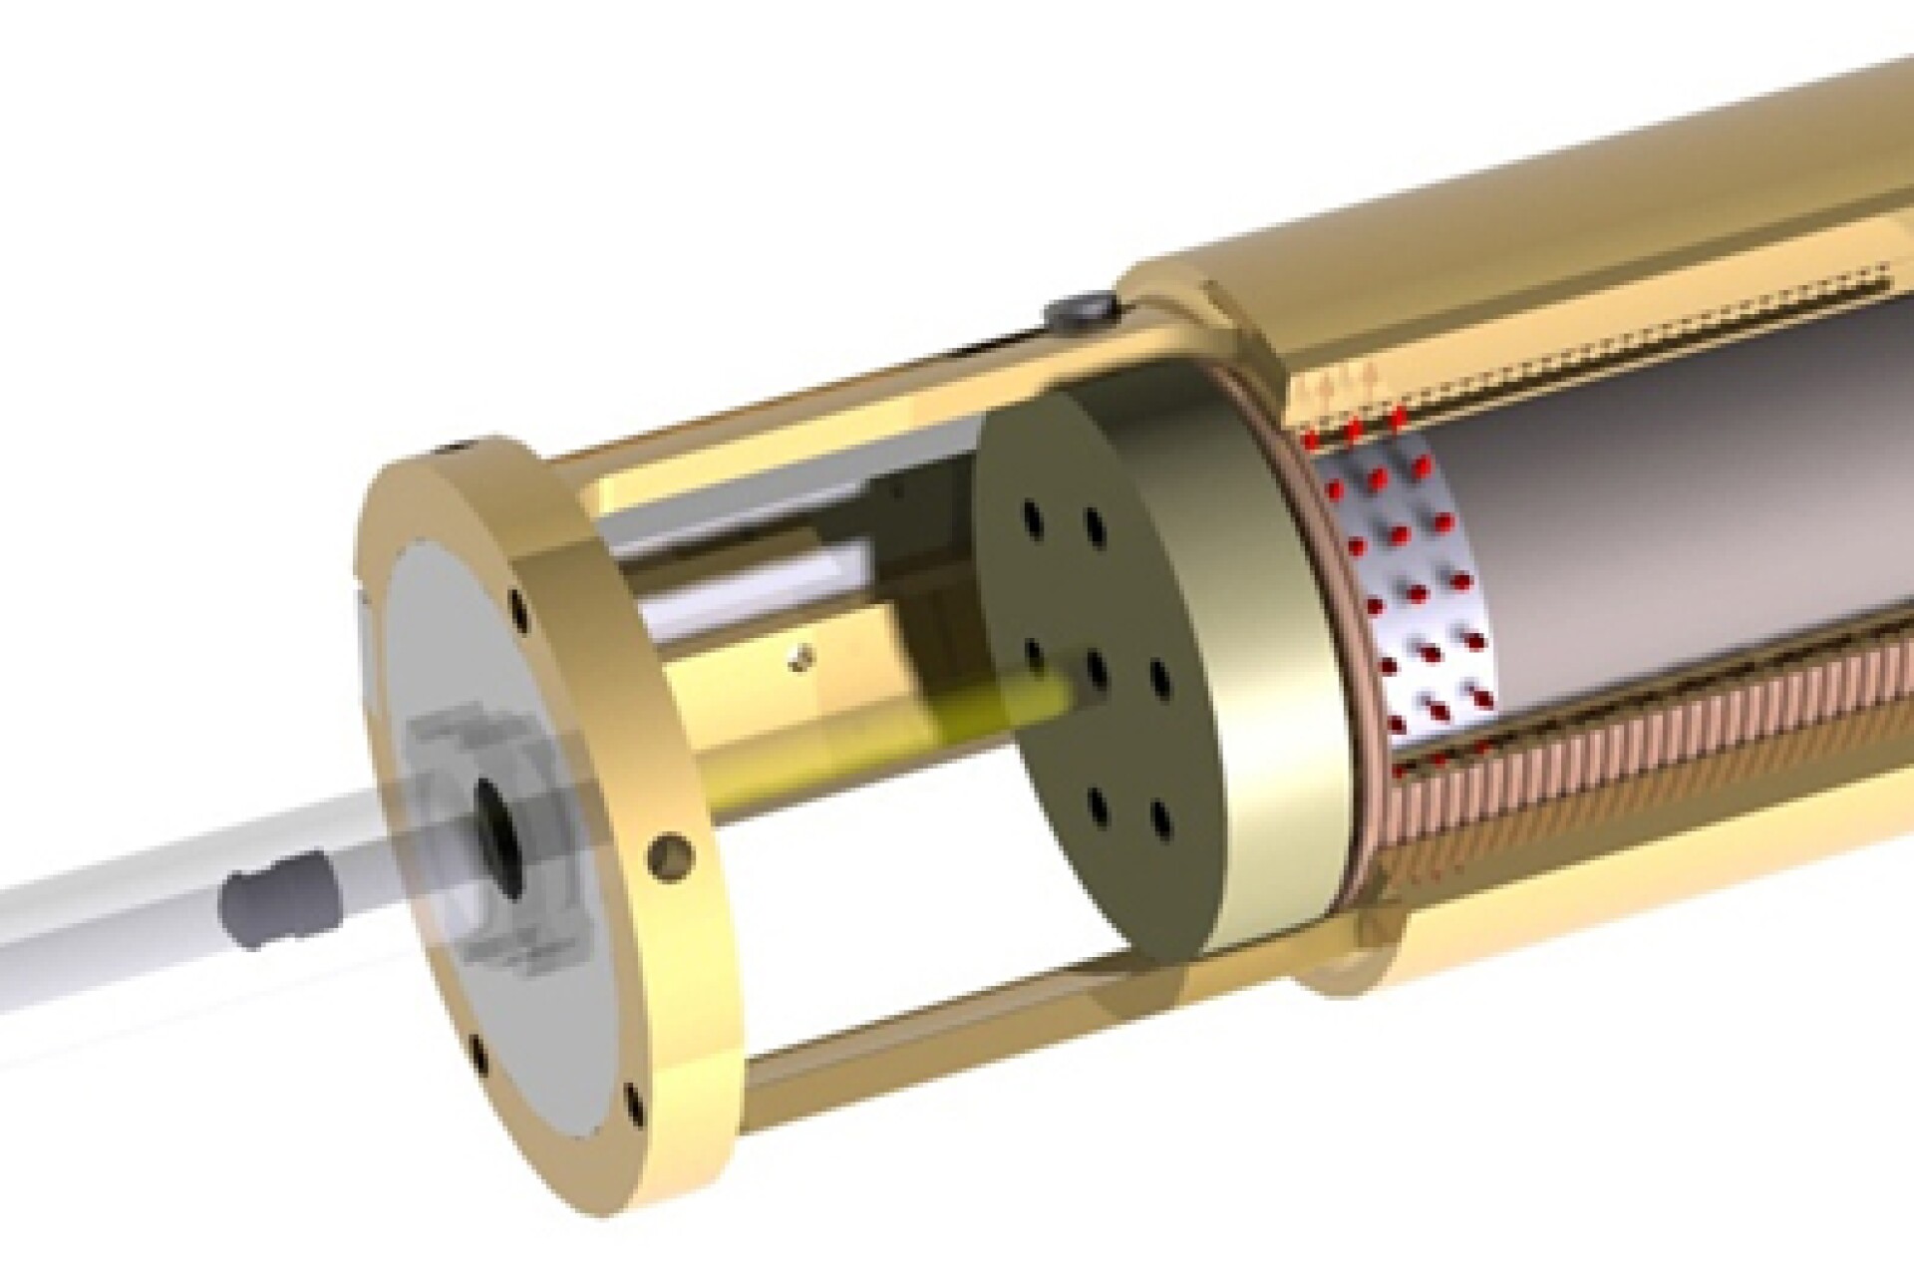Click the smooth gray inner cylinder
click(x=1645, y=518)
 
